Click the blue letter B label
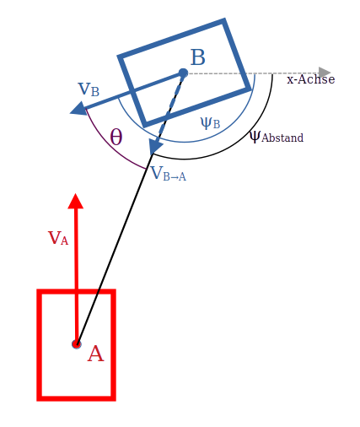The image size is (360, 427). tap(198, 57)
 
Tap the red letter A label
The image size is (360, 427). tap(95, 354)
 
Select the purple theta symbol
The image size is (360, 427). tap(116, 137)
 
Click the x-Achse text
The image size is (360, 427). tap(311, 79)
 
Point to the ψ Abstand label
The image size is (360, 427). tap(277, 137)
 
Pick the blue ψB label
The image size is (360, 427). tap(210, 123)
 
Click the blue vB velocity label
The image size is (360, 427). tap(89, 89)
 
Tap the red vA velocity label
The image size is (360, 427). tap(58, 238)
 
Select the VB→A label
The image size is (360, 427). tap(169, 173)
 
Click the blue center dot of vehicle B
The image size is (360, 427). tap(183, 73)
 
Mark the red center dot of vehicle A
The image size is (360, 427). tap(77, 344)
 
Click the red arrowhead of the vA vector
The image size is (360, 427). tap(76, 201)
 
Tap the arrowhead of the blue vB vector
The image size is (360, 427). tap(78, 109)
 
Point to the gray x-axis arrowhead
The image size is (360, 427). tap(325, 73)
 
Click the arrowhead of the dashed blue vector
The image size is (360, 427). tap(155, 146)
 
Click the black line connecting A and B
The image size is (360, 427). tap(115, 249)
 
